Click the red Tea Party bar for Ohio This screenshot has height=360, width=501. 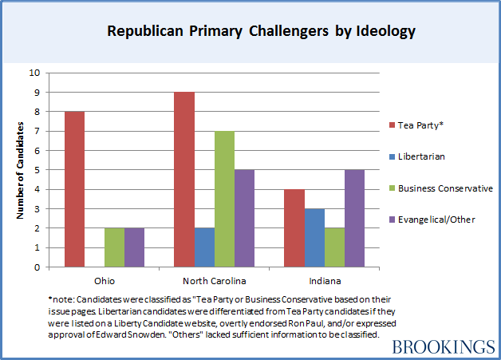[74, 189]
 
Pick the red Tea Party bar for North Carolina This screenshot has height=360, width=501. [184, 180]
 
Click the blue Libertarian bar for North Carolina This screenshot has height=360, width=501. [205, 247]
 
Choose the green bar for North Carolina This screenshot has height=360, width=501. [225, 199]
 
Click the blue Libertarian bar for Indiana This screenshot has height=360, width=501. [314, 238]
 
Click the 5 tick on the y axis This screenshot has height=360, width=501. [36, 169]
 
